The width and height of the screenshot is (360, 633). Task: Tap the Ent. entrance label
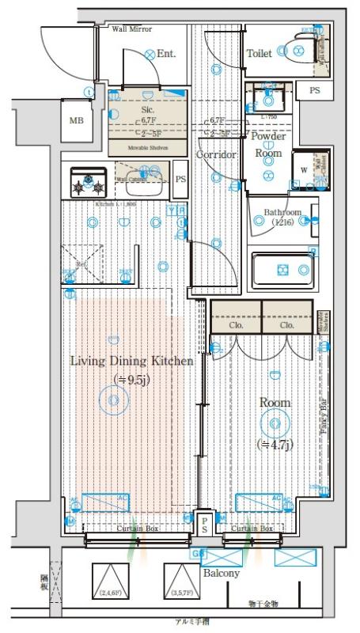165,54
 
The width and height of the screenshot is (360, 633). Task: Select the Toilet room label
260,54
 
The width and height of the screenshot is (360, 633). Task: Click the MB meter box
76,121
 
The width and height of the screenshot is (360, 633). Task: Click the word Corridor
217,155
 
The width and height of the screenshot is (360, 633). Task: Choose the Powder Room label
267,144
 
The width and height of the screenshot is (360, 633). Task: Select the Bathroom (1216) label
282,218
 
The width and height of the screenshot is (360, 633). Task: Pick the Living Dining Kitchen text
131,361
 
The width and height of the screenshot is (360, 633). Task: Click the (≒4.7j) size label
275,445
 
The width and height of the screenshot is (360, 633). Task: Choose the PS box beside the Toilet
315,91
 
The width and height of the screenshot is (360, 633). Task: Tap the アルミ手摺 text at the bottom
194,624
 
